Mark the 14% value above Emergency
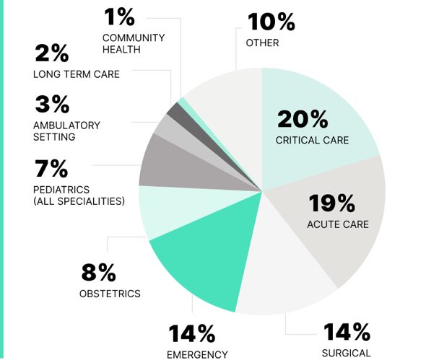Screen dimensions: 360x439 click(191, 334)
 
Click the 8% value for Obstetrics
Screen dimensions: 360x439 click(98, 273)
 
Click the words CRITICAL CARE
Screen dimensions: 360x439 click(312, 139)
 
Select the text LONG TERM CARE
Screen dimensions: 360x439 click(77, 74)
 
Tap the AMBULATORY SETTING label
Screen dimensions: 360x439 click(66, 131)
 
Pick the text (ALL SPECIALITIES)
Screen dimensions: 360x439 click(79, 200)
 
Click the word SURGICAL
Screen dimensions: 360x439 click(346, 353)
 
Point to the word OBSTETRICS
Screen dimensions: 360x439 click(110, 294)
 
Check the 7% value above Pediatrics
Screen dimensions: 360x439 click(51, 170)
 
